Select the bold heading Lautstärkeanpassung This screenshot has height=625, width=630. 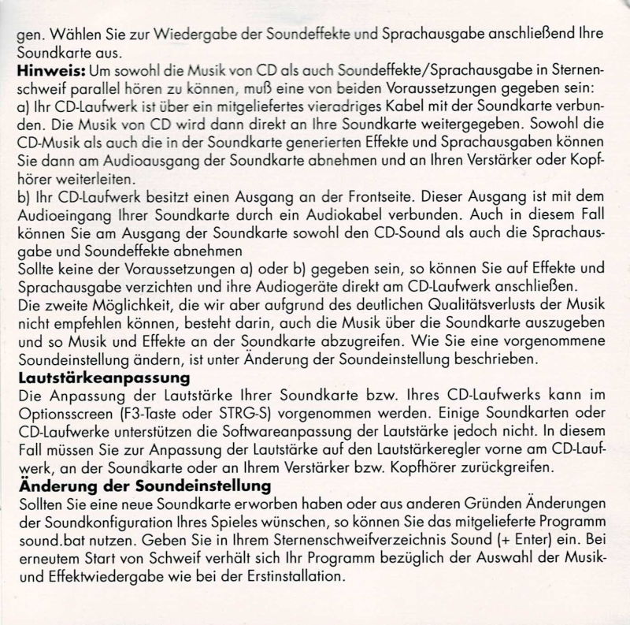pos(87,378)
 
